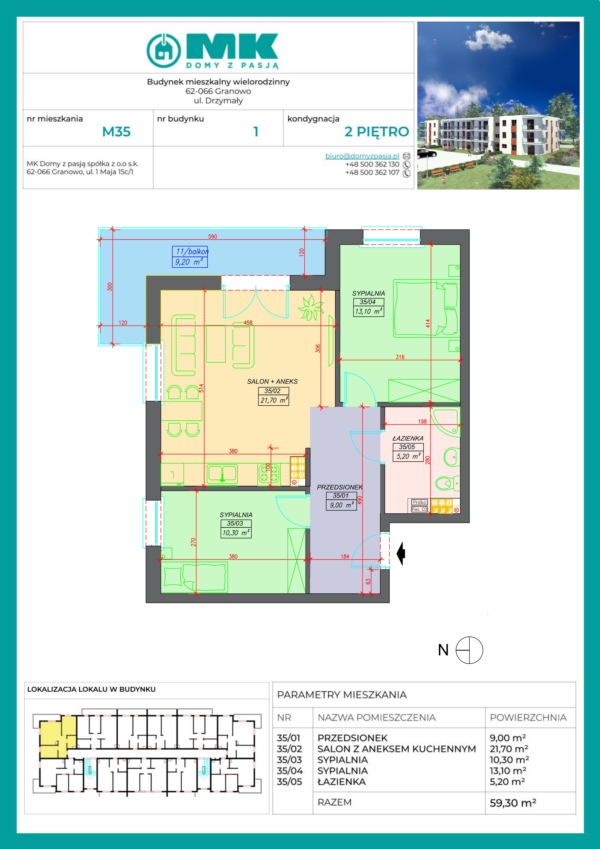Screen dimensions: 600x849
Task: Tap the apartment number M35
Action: (116, 132)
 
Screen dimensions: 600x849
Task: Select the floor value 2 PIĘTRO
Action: (377, 132)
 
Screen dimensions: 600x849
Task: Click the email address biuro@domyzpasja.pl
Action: (362, 156)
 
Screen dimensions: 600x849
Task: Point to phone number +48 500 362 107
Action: (372, 172)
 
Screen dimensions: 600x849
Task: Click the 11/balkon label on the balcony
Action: (192, 251)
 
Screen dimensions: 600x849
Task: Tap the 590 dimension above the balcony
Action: (213, 236)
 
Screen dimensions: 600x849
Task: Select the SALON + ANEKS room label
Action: (272, 381)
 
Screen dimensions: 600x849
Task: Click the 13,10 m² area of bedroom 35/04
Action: (368, 311)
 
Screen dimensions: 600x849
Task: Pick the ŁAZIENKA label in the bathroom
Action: (408, 438)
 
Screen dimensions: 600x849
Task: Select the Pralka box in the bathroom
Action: (419, 502)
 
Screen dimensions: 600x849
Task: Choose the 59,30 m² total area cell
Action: (513, 803)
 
